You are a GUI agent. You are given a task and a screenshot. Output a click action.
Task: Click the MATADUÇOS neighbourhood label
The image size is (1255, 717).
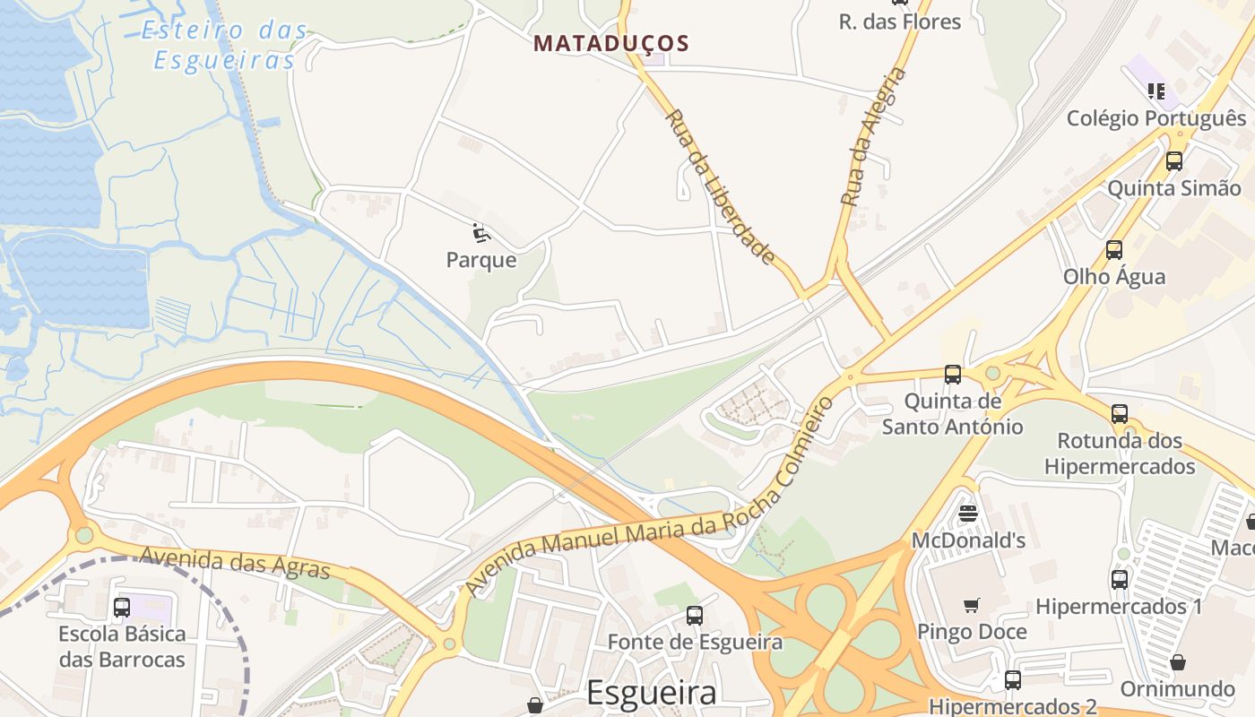click(611, 43)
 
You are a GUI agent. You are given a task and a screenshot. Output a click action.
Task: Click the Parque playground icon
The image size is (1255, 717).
click(481, 233)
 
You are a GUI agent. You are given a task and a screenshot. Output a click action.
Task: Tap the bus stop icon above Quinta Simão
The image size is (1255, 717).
click(1173, 161)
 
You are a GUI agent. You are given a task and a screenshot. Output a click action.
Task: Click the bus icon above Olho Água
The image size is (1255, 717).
click(1113, 249)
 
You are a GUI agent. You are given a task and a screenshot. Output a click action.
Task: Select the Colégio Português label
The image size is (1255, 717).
click(1155, 118)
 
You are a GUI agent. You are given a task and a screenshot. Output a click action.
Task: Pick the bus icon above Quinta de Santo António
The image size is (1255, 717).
click(952, 374)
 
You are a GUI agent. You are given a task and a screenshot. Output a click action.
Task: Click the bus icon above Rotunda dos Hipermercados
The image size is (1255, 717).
click(1119, 413)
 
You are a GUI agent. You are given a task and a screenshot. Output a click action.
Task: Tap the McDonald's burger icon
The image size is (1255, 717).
click(967, 514)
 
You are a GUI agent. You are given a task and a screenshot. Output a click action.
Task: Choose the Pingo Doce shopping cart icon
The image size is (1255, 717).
click(971, 605)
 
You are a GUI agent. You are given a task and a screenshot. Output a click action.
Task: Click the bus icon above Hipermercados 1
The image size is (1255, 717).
click(1119, 579)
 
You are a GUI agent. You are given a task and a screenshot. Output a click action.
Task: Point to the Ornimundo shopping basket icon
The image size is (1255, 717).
click(1177, 662)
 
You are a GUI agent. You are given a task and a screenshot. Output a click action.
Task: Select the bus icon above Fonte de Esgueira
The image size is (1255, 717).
click(694, 615)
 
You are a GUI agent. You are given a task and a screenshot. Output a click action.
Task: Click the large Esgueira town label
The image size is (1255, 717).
click(652, 693)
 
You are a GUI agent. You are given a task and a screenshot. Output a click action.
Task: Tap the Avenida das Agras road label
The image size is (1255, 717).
click(235, 563)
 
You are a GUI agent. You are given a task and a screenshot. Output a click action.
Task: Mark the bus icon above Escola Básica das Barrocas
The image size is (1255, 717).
click(122, 607)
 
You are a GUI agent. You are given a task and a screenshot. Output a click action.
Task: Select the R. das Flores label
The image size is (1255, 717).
click(899, 22)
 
